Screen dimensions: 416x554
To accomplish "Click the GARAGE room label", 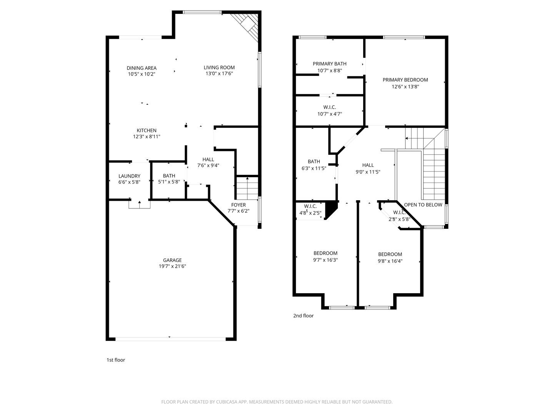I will pyautogui.click(x=172, y=260).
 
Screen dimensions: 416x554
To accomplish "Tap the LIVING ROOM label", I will pyautogui.click(x=219, y=67).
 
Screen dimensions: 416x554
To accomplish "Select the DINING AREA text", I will pyautogui.click(x=142, y=68).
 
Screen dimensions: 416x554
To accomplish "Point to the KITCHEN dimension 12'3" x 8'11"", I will pyautogui.click(x=147, y=136).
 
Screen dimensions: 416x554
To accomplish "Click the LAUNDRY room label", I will pyautogui.click(x=129, y=176).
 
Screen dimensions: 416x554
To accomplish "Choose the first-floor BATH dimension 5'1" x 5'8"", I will pyautogui.click(x=169, y=182).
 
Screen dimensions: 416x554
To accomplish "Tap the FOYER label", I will pyautogui.click(x=239, y=205).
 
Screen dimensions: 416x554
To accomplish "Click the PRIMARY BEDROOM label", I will pyautogui.click(x=405, y=80).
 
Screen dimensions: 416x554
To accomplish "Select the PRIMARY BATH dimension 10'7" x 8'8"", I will pyautogui.click(x=330, y=70).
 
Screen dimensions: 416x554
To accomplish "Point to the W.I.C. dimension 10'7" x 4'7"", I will pyautogui.click(x=330, y=114).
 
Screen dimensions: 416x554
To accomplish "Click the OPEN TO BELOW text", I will pyautogui.click(x=423, y=205).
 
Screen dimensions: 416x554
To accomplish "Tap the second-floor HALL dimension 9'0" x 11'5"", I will pyautogui.click(x=368, y=172).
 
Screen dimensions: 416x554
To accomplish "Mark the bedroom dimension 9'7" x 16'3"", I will pyautogui.click(x=325, y=260).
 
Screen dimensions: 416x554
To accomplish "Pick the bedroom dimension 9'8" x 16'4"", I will pyautogui.click(x=390, y=261).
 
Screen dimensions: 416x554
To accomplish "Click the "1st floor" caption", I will pyautogui.click(x=116, y=360).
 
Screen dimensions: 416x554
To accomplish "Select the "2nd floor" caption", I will pyautogui.click(x=304, y=316).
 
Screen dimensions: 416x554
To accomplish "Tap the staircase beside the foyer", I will pyautogui.click(x=247, y=187).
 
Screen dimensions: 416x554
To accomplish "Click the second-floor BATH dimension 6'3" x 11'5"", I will pyautogui.click(x=314, y=168).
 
